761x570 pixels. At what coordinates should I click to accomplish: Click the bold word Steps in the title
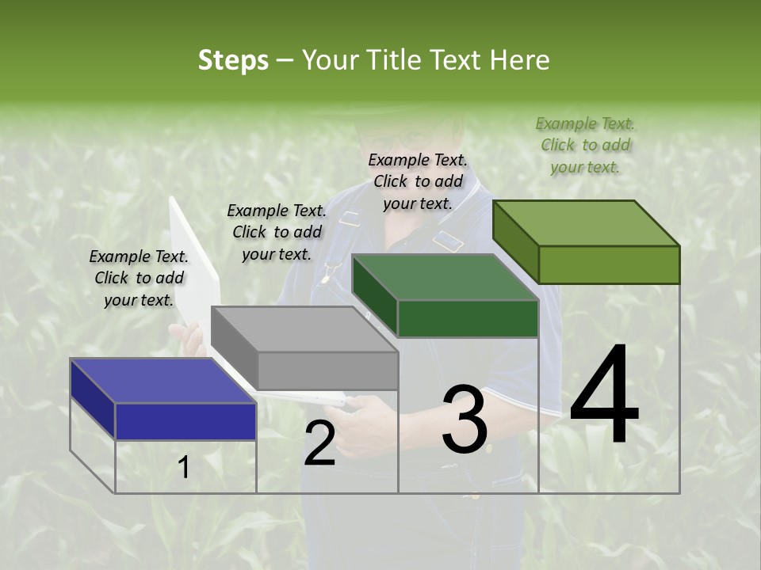pyautogui.click(x=233, y=60)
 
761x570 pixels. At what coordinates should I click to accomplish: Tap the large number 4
pyautogui.click(x=604, y=395)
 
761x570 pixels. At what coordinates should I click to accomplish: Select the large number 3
pyautogui.click(x=465, y=420)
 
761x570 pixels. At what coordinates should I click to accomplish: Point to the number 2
pyautogui.click(x=319, y=443)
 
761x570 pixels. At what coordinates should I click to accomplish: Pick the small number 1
pyautogui.click(x=183, y=468)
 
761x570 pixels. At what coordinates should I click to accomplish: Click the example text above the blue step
pyautogui.click(x=139, y=278)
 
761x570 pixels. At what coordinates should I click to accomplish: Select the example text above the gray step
pyautogui.click(x=277, y=232)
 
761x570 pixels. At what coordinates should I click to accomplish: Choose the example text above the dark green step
pyautogui.click(x=418, y=181)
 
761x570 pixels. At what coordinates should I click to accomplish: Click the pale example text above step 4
pyautogui.click(x=585, y=145)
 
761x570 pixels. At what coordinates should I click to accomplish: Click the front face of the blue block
pyautogui.click(x=185, y=421)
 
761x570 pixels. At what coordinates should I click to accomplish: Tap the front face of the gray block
pyautogui.click(x=327, y=370)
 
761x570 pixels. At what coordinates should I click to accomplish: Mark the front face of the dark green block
pyautogui.click(x=468, y=319)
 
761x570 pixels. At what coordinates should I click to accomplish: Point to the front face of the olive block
pyautogui.click(x=609, y=264)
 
